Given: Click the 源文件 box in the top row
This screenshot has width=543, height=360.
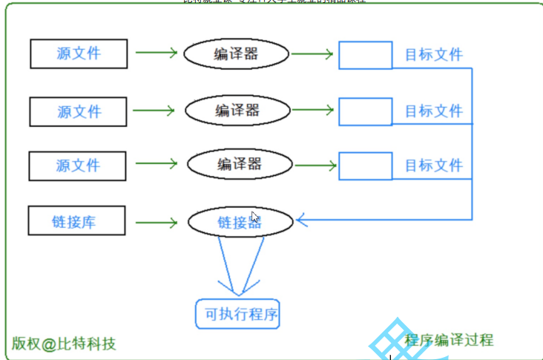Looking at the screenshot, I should coord(79,53).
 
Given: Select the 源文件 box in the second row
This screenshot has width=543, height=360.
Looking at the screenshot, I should coord(79,111).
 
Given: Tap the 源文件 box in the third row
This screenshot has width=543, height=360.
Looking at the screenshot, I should coord(78,165).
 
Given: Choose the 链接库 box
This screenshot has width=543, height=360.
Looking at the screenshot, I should coord(76,221).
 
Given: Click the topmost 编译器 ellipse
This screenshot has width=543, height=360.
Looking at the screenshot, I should coord(236,53).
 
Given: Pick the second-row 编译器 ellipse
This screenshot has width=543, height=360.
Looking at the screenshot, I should coord(237,111).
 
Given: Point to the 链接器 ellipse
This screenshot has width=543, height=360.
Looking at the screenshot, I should coord(240,222).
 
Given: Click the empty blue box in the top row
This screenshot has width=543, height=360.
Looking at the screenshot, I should coord(365,55).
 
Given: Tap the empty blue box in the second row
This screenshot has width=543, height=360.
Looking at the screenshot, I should coord(365,111).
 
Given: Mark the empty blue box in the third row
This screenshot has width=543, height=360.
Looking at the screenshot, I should coord(365,165).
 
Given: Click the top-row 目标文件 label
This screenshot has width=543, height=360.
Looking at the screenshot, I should coord(433,55).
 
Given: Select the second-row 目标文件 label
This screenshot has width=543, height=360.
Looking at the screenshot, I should coord(433,111).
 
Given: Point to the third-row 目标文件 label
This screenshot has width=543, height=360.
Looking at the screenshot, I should coord(433,165).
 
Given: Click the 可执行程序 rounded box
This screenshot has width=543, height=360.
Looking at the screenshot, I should coord(241,314).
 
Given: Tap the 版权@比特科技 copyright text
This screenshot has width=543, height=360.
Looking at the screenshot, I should coord(64,344).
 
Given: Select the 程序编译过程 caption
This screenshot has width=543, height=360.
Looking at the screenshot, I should coord(449,341).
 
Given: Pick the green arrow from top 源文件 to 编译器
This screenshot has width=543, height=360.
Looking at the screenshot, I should coord(156,53).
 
